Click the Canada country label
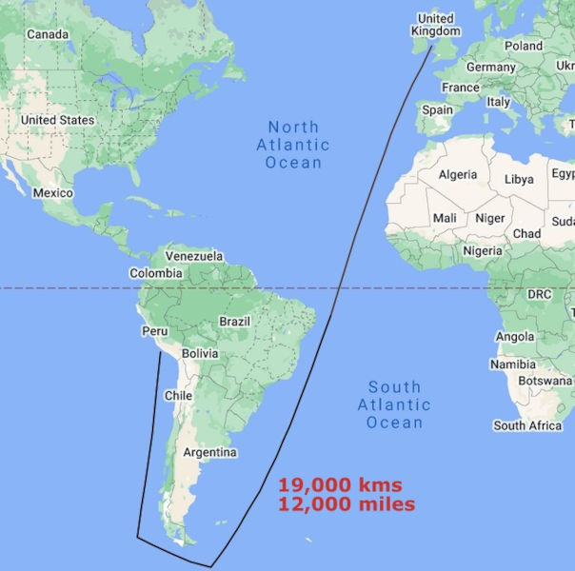(47, 35)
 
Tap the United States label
(57, 121)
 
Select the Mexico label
(52, 193)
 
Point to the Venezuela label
(194, 256)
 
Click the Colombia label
(156, 274)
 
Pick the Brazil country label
(234, 322)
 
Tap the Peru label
(154, 332)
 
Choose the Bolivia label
(200, 353)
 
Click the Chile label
(179, 395)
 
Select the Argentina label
(209, 452)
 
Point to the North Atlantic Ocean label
(293, 145)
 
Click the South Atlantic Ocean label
(395, 404)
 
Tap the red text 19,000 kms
(340, 484)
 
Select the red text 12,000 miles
(347, 504)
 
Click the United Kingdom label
(436, 25)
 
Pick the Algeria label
(458, 175)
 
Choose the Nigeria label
(483, 251)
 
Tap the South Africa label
(528, 425)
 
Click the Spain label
(437, 109)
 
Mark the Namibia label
(512, 364)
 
